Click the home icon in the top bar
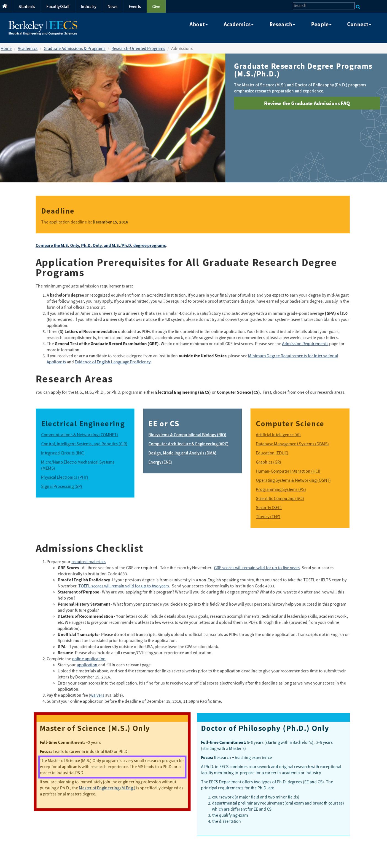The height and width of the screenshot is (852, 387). (5, 6)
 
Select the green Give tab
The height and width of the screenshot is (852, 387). (156, 6)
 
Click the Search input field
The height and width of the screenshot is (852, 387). (323, 6)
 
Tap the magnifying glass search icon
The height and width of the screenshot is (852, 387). (358, 7)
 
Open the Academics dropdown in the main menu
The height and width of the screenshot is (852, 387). (238, 25)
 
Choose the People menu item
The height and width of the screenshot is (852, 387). (321, 25)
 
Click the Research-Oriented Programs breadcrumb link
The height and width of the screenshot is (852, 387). (138, 49)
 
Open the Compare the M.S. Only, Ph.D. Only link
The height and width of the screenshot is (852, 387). (101, 245)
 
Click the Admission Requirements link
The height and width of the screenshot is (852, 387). (305, 344)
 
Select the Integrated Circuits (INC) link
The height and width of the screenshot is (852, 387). (63, 453)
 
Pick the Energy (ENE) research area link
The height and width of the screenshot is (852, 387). (160, 462)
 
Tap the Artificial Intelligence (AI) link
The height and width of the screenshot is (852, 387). (278, 435)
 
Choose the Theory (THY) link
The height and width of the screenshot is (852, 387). (268, 516)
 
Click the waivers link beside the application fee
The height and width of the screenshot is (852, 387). (97, 695)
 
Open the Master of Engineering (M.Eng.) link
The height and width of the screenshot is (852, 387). (107, 788)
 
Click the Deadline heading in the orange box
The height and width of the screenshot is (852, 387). (58, 211)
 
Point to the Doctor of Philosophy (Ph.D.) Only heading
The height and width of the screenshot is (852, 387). (265, 728)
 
